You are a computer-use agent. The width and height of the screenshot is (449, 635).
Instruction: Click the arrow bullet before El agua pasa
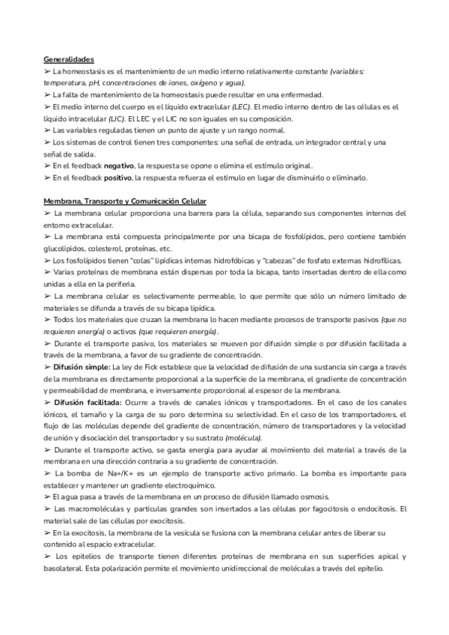pyautogui.click(x=47, y=497)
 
